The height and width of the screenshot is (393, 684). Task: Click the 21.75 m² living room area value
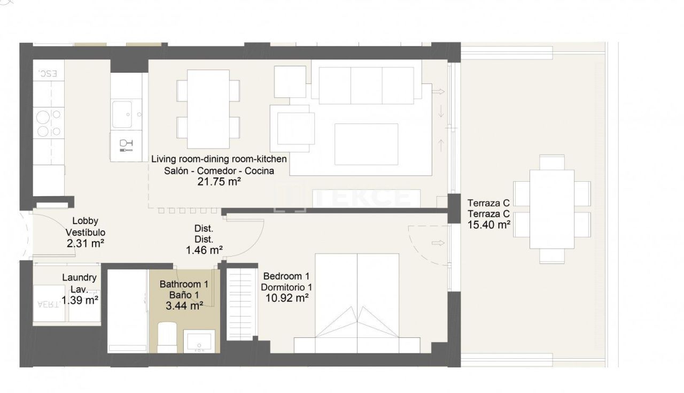pyautogui.click(x=219, y=182)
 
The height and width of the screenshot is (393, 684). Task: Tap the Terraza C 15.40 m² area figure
pyautogui.click(x=488, y=225)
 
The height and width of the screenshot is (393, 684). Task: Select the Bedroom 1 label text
pyautogui.click(x=286, y=276)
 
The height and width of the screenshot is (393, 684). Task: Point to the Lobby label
pyautogui.click(x=85, y=221)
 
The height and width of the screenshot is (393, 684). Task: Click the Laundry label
pyautogui.click(x=79, y=278)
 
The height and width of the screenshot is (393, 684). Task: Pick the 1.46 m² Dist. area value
pyautogui.click(x=204, y=250)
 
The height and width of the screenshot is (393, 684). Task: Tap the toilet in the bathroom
pyautogui.click(x=167, y=338)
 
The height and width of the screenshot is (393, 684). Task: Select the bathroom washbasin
pyautogui.click(x=199, y=341)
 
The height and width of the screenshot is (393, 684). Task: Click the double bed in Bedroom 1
pyautogui.click(x=357, y=303)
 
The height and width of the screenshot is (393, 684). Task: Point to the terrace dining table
pyautogui.click(x=551, y=209)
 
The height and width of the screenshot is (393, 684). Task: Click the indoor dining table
pyautogui.click(x=208, y=109)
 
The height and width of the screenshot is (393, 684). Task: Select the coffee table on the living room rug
pyautogui.click(x=366, y=144)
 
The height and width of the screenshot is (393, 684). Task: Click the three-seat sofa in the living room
pyautogui.click(x=366, y=85)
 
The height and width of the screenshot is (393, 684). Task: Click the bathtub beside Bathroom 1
pyautogui.click(x=127, y=310)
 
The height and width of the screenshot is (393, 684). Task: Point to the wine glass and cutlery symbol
pyautogui.click(x=126, y=145)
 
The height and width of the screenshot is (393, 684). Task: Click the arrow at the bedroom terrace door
pyautogui.click(x=438, y=244)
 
